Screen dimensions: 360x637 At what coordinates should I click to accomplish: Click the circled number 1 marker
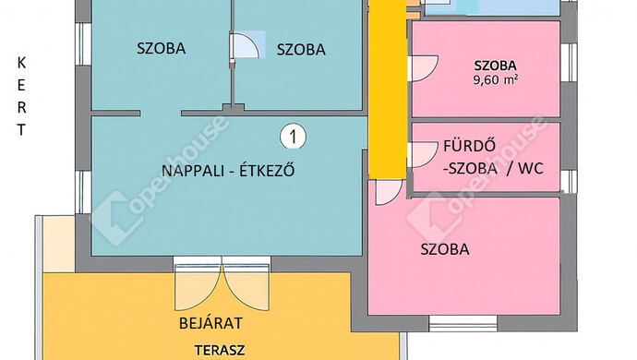point(293,138)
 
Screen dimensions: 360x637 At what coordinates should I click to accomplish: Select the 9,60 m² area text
point(495,80)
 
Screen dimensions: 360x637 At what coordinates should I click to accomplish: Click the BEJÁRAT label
point(210,324)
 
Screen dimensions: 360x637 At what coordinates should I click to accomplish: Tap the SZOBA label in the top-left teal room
point(161,48)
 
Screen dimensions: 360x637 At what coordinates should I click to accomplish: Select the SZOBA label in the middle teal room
point(300,50)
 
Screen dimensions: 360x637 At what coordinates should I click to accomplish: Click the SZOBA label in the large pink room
point(445,249)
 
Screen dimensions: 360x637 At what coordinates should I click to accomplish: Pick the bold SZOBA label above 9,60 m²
point(495,65)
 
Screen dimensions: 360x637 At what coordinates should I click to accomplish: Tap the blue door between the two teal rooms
point(246,46)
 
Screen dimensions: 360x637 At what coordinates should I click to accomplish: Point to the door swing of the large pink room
point(389,189)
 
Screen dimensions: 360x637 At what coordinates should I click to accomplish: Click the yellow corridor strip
point(387,92)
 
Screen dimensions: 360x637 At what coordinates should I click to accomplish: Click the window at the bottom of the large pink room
point(464,322)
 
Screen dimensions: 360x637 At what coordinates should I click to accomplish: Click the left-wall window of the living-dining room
point(82,189)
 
